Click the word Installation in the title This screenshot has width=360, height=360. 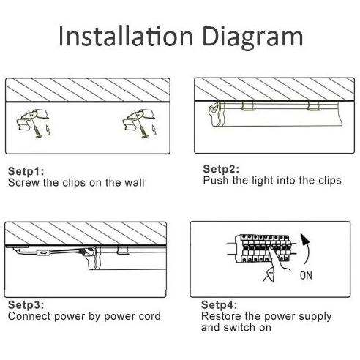[x=126, y=37]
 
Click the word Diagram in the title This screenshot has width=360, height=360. [x=252, y=38]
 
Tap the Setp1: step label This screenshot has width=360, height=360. [x=26, y=171]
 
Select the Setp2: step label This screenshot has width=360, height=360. [x=221, y=169]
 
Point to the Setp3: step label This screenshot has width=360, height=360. [x=26, y=305]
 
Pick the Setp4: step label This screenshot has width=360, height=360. [x=219, y=305]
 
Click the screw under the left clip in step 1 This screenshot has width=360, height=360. [x=37, y=130]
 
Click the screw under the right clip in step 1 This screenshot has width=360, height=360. [x=143, y=130]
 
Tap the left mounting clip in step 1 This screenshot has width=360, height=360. [x=32, y=119]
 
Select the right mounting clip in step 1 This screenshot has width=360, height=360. [x=138, y=119]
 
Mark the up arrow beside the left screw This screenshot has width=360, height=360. [x=48, y=130]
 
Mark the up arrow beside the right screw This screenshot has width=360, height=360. [x=154, y=130]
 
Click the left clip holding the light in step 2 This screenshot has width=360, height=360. [x=247, y=106]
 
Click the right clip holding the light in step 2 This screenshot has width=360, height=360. [x=313, y=106]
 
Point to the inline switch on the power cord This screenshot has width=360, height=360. [x=43, y=252]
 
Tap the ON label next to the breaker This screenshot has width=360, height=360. [x=306, y=276]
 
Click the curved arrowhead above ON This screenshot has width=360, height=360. [x=304, y=239]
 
